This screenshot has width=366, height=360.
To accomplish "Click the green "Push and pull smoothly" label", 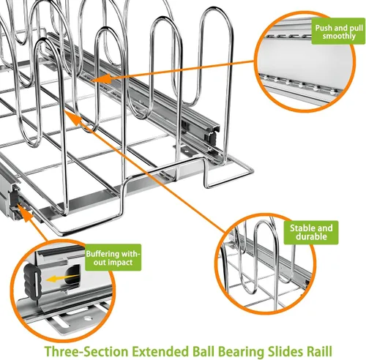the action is [338, 31].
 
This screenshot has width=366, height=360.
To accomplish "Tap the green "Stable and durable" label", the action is [311, 233].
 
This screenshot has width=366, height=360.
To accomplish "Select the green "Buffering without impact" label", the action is [113, 258].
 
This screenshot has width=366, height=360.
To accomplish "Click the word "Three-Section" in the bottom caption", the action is [86, 351].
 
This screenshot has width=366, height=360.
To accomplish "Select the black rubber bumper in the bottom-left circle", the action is [32, 281].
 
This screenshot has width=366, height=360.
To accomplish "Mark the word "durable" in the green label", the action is [311, 236].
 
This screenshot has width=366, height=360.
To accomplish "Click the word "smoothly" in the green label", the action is [339, 36].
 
